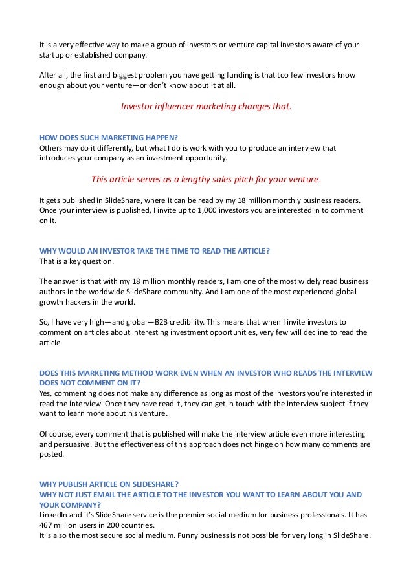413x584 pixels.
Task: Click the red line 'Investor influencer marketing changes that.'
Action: (x=206, y=107)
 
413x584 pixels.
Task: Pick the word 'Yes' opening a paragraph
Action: (x=46, y=393)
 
